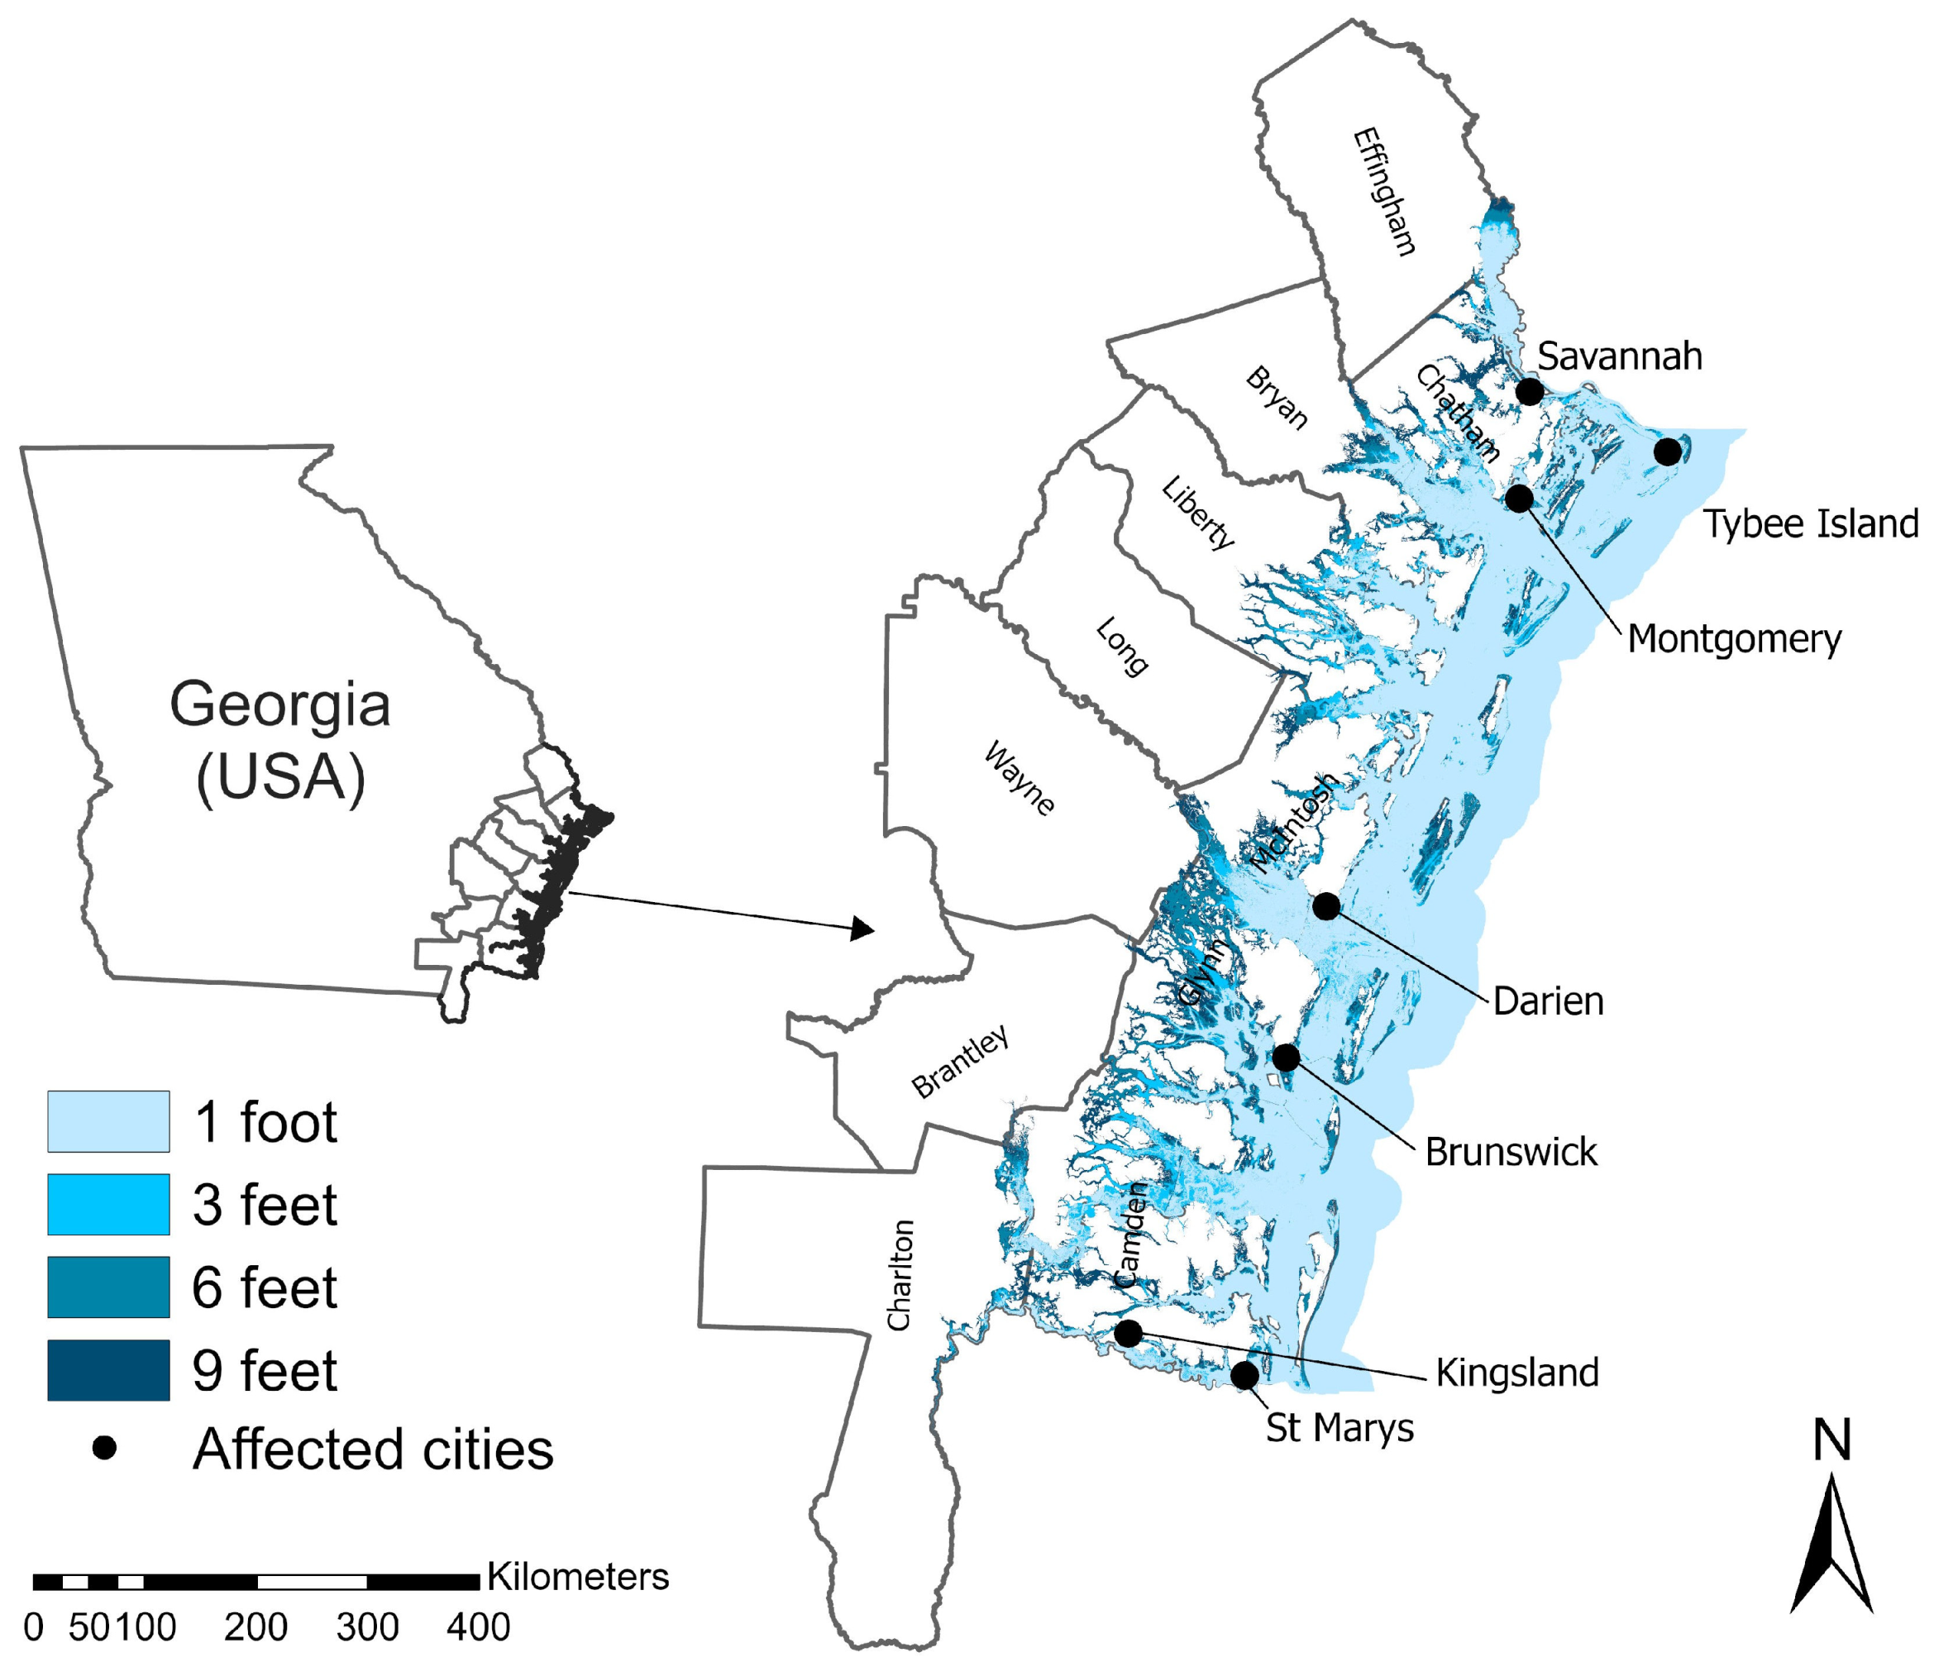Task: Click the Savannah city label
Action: click(x=1620, y=356)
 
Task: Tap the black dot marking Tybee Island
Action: click(x=1667, y=451)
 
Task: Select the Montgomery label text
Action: click(x=1734, y=639)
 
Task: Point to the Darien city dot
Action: click(x=1325, y=905)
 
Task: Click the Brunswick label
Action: click(x=1510, y=1153)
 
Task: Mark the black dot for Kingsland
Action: click(x=1128, y=1334)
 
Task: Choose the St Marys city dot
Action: click(x=1244, y=1376)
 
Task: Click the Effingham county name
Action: click(x=1384, y=191)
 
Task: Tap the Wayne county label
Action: click(x=1020, y=778)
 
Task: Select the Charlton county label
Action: click(x=899, y=1275)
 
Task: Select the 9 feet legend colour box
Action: click(x=108, y=1370)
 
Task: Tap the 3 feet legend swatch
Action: click(x=108, y=1205)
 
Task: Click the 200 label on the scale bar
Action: click(x=255, y=1627)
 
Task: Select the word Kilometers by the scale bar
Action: click(x=578, y=1576)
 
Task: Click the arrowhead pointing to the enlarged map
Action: click(x=862, y=929)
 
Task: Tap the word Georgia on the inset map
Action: click(x=280, y=704)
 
